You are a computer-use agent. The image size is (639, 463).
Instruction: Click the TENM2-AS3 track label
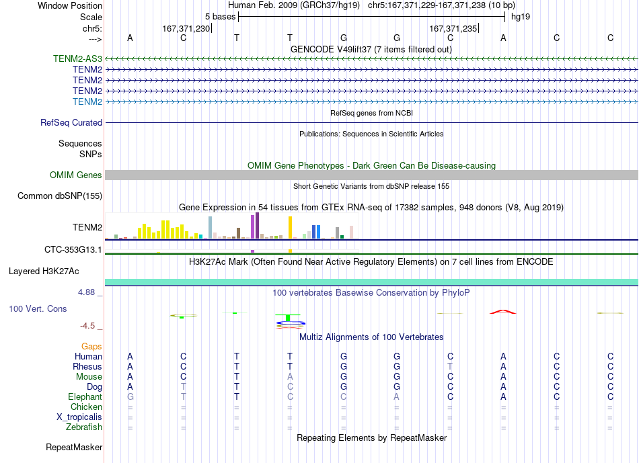click(77, 58)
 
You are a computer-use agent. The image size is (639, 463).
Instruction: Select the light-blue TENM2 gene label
click(87, 101)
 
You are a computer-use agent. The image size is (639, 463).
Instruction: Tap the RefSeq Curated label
click(71, 122)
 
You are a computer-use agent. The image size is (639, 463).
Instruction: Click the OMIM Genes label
click(76, 175)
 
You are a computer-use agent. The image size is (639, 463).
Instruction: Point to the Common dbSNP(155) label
click(60, 196)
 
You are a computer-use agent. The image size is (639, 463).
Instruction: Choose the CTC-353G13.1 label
click(73, 249)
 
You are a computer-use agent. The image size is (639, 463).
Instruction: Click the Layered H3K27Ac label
click(44, 271)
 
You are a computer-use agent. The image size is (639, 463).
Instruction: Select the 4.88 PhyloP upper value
click(86, 292)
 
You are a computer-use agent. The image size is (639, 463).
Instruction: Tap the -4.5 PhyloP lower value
click(87, 326)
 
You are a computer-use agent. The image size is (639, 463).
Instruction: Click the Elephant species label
click(85, 396)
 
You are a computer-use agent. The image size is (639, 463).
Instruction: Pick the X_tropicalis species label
click(79, 417)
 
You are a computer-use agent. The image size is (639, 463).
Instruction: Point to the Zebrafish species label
click(84, 427)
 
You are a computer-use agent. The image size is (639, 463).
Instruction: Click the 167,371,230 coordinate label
click(186, 28)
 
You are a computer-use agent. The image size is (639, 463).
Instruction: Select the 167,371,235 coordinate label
click(453, 28)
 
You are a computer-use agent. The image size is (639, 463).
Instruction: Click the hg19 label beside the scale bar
click(521, 17)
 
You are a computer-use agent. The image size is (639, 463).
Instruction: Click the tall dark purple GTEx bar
click(257, 225)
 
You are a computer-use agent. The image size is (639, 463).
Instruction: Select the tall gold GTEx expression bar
click(290, 227)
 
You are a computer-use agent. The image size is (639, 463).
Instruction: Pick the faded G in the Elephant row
click(130, 396)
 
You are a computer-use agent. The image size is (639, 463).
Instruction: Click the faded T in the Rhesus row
click(450, 366)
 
